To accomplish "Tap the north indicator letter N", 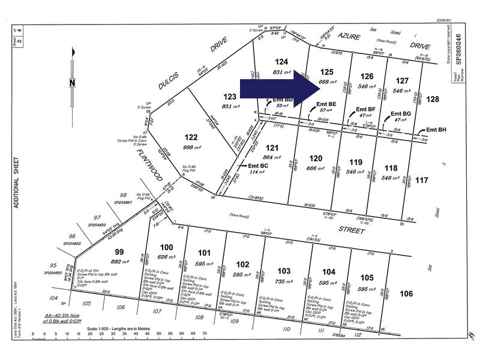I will [x=72, y=83].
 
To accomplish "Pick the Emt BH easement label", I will [x=437, y=130].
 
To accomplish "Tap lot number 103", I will [x=284, y=271].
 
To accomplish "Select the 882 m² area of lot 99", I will [x=120, y=262].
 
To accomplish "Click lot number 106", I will [x=407, y=293].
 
